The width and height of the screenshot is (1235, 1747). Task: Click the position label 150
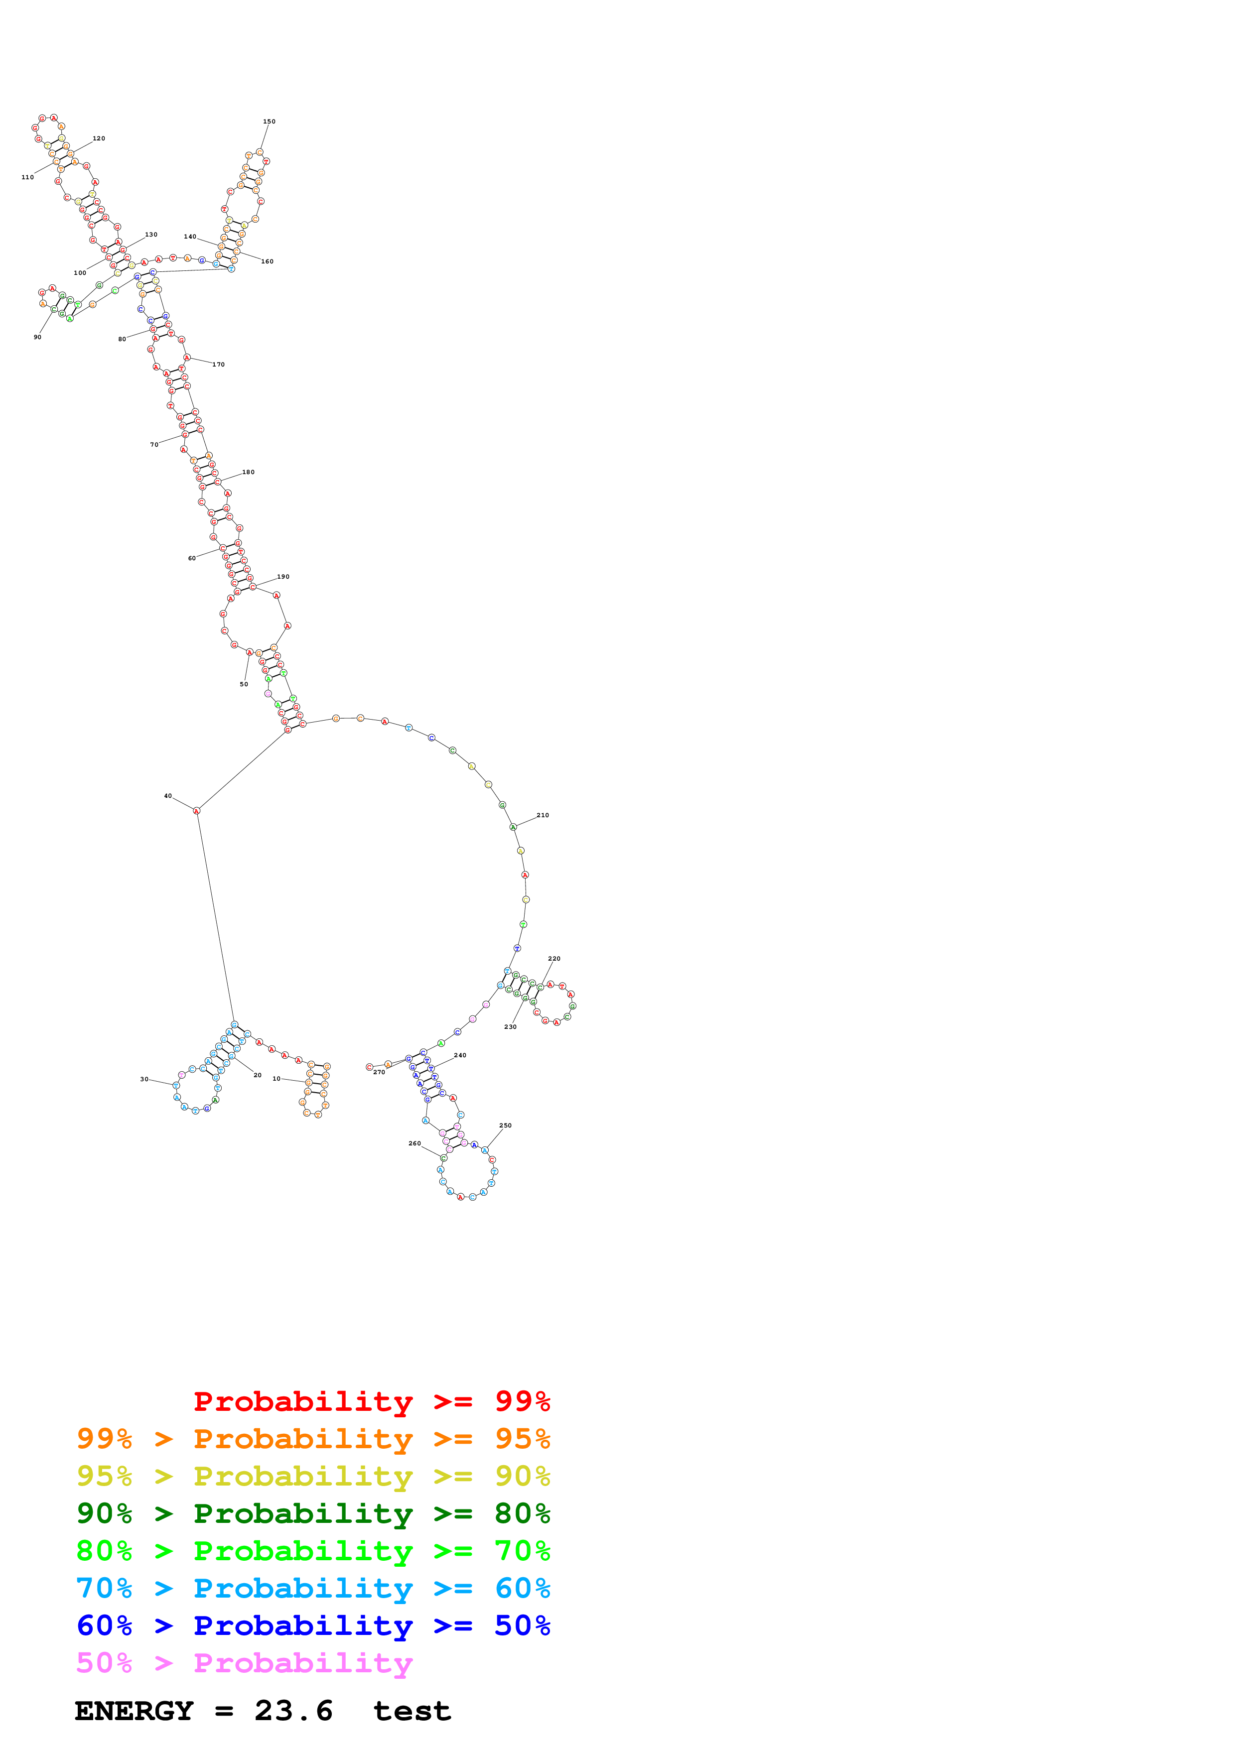point(270,122)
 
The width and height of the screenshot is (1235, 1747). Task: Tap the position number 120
point(99,138)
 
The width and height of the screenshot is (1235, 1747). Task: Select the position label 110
point(27,177)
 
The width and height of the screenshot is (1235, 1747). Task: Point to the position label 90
point(37,337)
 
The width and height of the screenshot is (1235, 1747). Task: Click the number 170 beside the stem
point(218,365)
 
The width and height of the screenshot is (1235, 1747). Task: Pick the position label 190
point(283,577)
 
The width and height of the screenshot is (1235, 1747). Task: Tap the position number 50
point(244,684)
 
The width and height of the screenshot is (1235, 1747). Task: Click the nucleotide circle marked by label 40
point(196,811)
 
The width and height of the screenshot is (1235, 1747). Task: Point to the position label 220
point(554,959)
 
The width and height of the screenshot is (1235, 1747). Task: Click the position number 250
point(505,1125)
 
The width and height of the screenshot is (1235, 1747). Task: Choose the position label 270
point(379,1072)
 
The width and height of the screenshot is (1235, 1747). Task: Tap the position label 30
point(144,1079)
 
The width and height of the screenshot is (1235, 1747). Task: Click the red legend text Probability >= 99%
point(371,1401)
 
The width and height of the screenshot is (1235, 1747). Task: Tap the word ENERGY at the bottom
point(134,1711)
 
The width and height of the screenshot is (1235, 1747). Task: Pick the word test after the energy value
point(412,1711)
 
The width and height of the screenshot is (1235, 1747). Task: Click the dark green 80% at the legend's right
point(522,1513)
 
